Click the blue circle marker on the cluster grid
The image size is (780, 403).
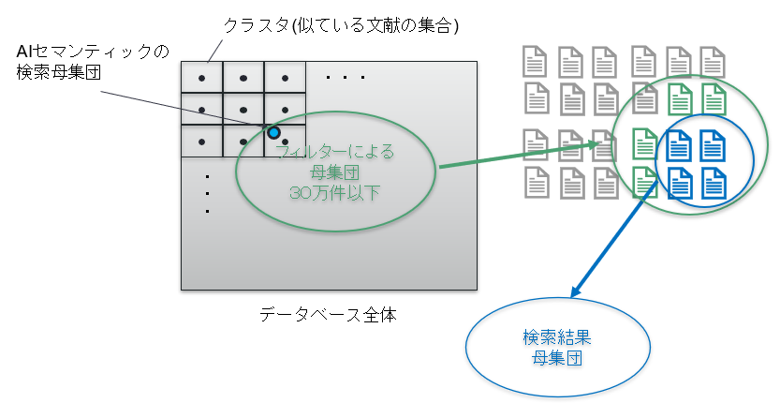(x=273, y=132)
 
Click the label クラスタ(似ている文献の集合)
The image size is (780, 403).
(x=341, y=25)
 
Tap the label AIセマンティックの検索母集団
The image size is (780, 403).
(x=93, y=62)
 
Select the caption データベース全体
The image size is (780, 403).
(x=328, y=315)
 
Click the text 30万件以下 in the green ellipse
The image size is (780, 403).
(x=334, y=193)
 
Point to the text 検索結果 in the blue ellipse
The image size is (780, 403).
(x=556, y=337)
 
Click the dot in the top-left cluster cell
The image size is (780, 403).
(x=201, y=78)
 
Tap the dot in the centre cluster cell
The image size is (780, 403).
(x=243, y=110)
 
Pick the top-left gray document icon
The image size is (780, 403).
(x=536, y=61)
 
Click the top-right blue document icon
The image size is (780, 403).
(x=713, y=145)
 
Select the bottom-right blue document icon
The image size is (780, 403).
(x=713, y=183)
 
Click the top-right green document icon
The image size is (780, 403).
(x=714, y=98)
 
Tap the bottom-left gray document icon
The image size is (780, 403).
(x=537, y=183)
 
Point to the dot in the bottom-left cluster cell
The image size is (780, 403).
(x=201, y=142)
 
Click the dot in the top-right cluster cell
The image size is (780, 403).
(x=285, y=78)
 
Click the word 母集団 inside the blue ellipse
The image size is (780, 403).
(x=556, y=358)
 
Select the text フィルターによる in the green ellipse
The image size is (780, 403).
(x=334, y=152)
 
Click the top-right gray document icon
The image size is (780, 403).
(x=713, y=62)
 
